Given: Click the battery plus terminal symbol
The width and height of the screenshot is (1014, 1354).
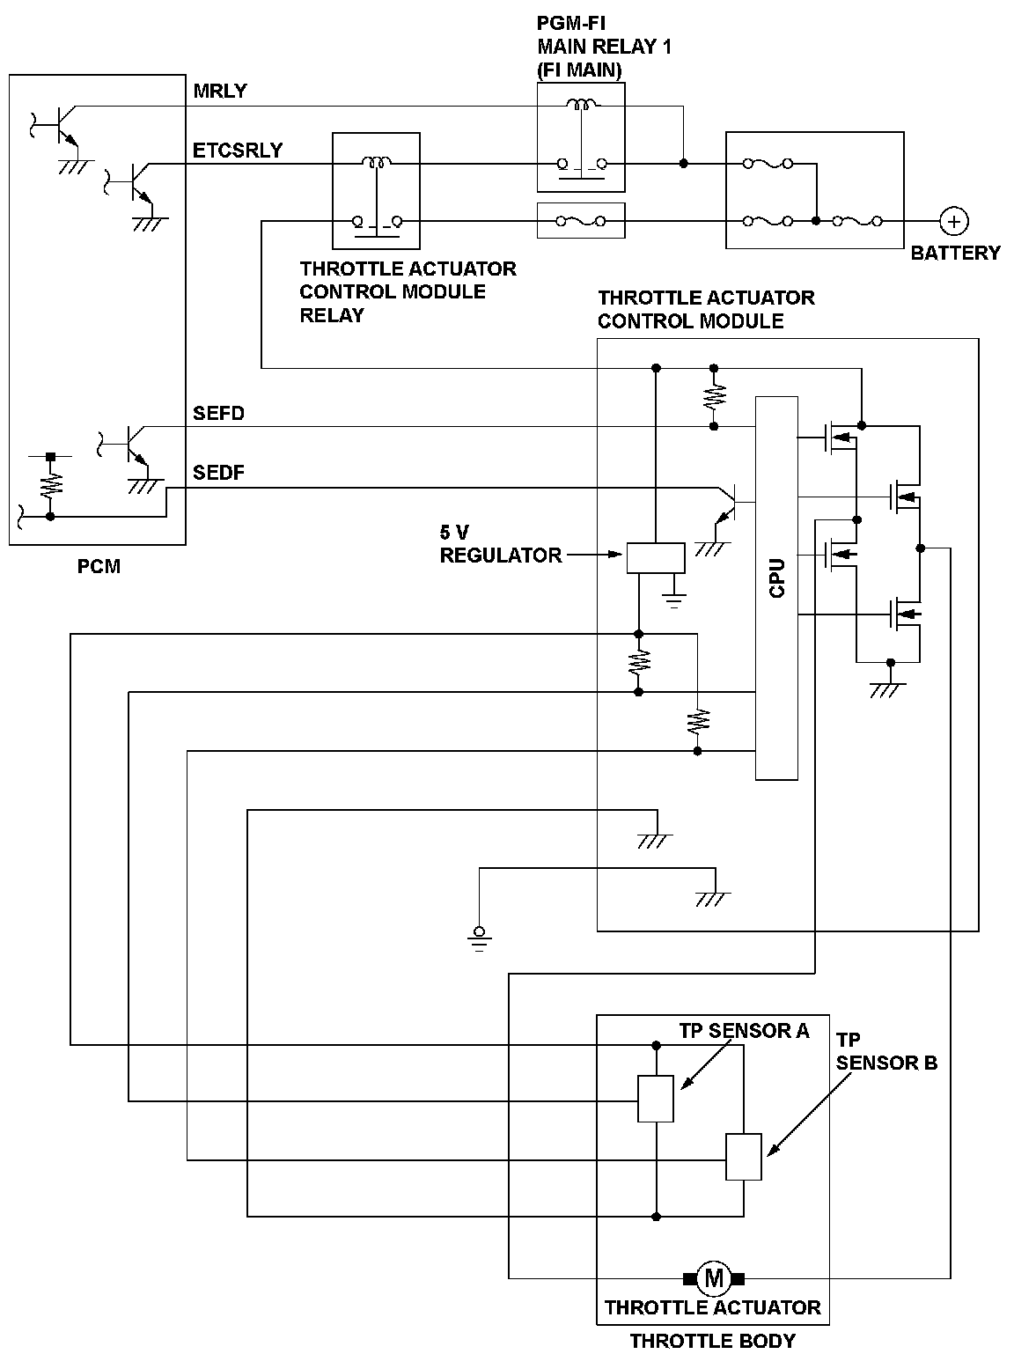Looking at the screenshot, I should (x=954, y=221).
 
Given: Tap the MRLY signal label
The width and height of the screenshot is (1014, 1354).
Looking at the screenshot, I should (x=220, y=91).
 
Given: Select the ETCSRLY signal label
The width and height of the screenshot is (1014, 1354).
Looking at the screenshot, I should (x=238, y=150).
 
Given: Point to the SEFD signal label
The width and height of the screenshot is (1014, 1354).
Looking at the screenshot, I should (x=219, y=413).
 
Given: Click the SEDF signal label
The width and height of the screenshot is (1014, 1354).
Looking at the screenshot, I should (x=219, y=473).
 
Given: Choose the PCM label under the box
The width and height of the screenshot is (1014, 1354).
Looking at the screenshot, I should (x=99, y=567).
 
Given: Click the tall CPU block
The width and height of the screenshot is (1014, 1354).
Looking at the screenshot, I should (x=776, y=588).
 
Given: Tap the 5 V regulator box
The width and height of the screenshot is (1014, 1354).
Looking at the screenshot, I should (x=656, y=558).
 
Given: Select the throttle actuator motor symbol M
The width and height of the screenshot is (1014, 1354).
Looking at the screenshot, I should (x=714, y=1276).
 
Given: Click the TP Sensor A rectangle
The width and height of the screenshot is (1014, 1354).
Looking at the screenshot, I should (x=656, y=1099).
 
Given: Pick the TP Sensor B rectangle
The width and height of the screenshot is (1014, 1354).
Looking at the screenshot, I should (x=744, y=1157).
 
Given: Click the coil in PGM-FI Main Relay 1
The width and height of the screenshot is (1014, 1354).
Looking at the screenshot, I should (x=580, y=106).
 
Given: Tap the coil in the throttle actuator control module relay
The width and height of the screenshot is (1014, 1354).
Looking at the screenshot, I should (x=377, y=163).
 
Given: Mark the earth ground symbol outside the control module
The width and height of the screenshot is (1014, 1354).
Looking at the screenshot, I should (x=479, y=939).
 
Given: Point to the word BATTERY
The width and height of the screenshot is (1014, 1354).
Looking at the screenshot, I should (x=955, y=253).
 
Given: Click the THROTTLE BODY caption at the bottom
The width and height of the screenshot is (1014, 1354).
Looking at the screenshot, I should (x=713, y=1341).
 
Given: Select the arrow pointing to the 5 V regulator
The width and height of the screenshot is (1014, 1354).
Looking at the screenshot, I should (x=594, y=555).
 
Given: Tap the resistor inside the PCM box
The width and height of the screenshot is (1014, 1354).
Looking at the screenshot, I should (x=50, y=484).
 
